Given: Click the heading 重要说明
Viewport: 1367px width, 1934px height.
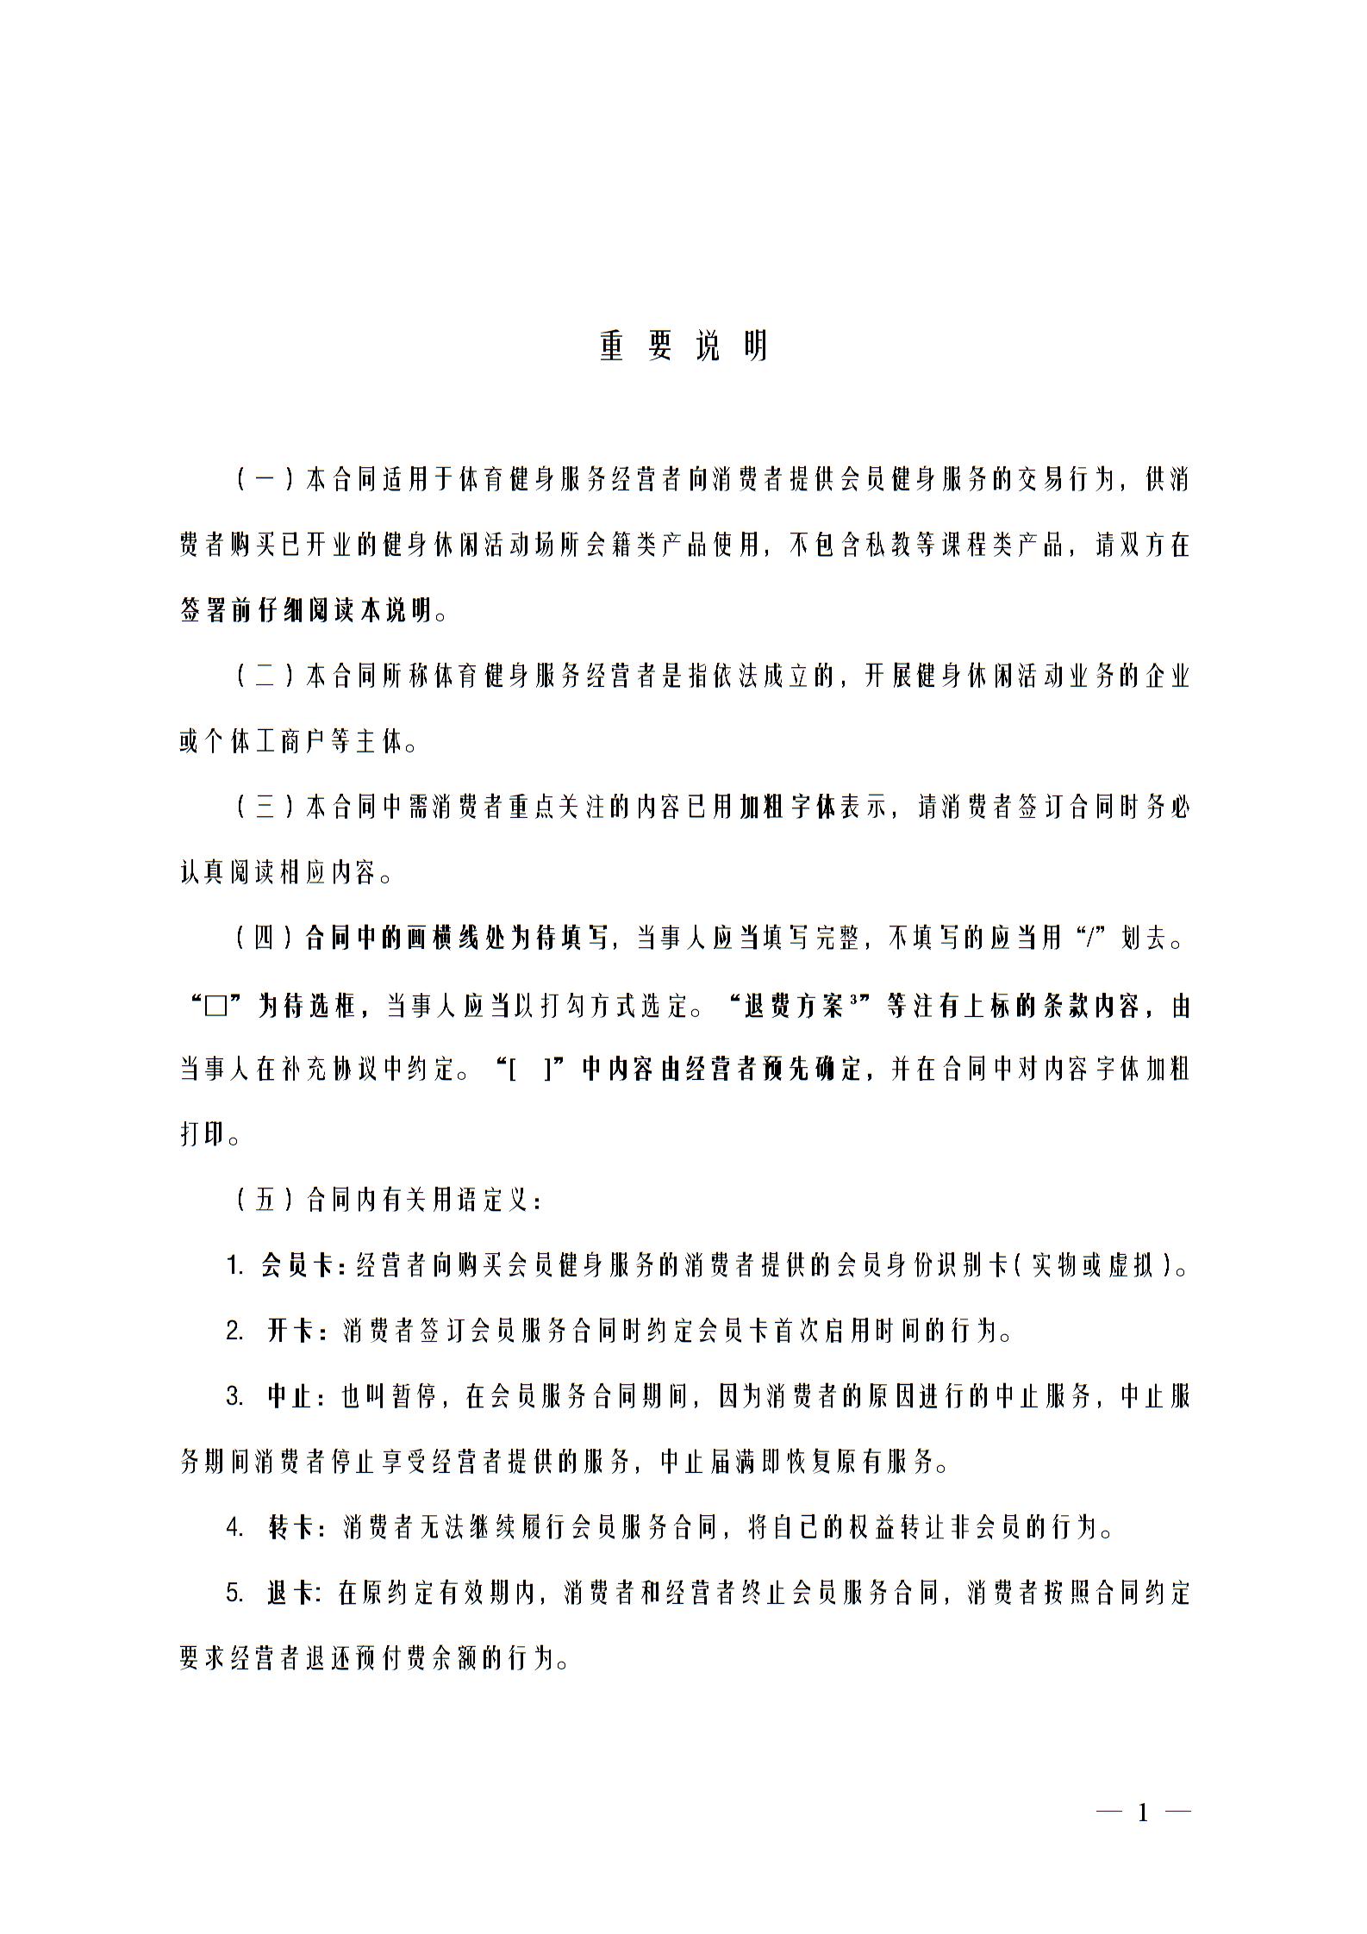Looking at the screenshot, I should pyautogui.click(x=683, y=346).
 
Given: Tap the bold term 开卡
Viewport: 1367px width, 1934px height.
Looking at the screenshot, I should pyautogui.click(x=291, y=1332).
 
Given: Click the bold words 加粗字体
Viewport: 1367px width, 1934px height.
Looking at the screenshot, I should pyautogui.click(x=787, y=808).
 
